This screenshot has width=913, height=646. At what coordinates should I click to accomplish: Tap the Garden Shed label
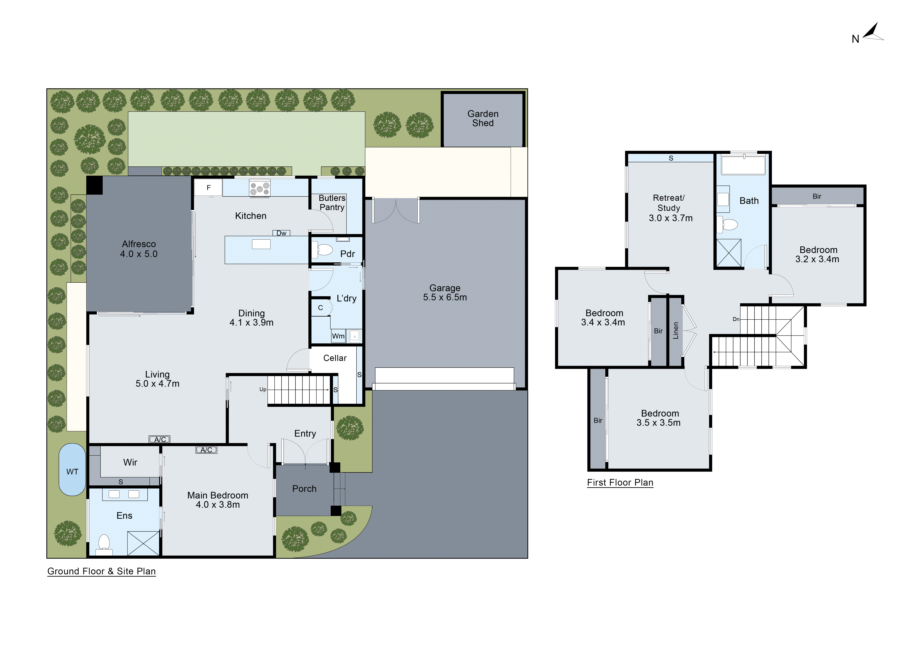tap(483, 119)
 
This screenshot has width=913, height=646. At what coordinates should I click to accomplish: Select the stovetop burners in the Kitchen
tap(260, 188)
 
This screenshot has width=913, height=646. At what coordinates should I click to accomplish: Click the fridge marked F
tap(208, 188)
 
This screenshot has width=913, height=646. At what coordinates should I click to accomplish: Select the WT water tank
tap(72, 470)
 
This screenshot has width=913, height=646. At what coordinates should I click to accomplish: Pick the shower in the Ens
tap(143, 543)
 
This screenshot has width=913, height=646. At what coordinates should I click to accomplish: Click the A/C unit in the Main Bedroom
tap(206, 450)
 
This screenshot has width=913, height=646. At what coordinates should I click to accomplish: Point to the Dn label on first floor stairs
tap(736, 319)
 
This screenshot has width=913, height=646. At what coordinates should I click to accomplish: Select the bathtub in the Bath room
tap(743, 166)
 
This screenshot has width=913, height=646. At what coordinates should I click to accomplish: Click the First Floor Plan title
tap(620, 482)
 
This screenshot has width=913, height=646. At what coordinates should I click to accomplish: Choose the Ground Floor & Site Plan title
tap(101, 571)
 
